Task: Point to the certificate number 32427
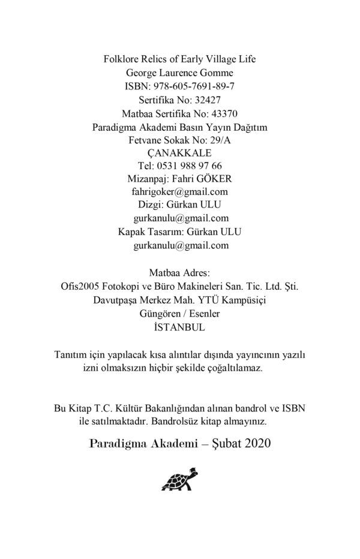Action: pyautogui.click(x=208, y=100)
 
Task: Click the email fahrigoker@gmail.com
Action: pyautogui.click(x=179, y=192)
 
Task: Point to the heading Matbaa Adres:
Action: pyautogui.click(x=179, y=273)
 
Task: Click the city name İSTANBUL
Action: pyautogui.click(x=179, y=327)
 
